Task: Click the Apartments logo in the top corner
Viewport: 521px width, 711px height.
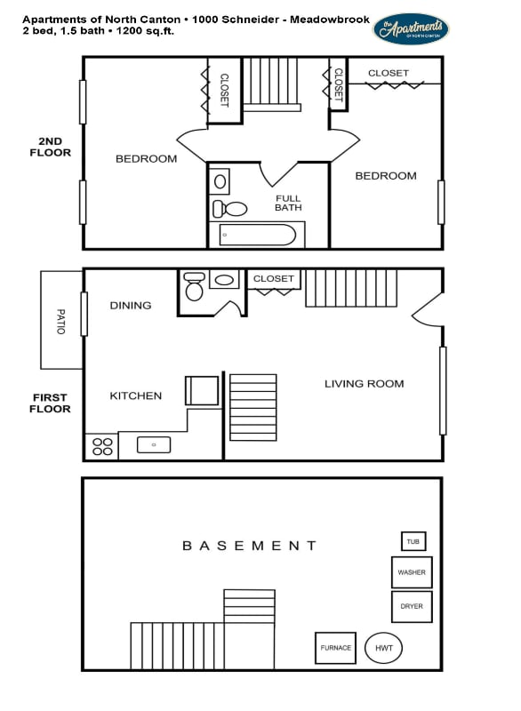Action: [x=411, y=28]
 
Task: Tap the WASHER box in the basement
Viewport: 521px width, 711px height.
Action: [x=412, y=572]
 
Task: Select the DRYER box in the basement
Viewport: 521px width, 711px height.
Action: [x=412, y=606]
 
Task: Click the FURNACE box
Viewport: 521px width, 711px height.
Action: [x=336, y=648]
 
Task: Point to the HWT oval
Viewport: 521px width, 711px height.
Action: [x=383, y=648]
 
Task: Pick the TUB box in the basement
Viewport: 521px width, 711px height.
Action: [x=413, y=541]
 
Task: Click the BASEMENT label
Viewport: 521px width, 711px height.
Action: [x=249, y=546]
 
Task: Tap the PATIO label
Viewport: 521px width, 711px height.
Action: [x=61, y=321]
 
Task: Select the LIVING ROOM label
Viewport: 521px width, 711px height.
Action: [x=364, y=384]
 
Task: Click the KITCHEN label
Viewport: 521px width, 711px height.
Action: [x=135, y=395]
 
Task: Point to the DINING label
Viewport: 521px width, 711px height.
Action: [x=131, y=305]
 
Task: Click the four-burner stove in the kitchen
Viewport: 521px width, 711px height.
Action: [x=101, y=446]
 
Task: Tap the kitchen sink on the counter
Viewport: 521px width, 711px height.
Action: [x=154, y=444]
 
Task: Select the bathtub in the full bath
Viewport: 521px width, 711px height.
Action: [x=257, y=236]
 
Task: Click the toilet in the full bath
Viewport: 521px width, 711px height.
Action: [x=230, y=209]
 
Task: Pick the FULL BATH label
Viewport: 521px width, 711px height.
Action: [x=288, y=203]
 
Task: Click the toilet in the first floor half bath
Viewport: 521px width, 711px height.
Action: [x=194, y=287]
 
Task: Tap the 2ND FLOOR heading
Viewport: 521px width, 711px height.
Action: [x=54, y=147]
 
